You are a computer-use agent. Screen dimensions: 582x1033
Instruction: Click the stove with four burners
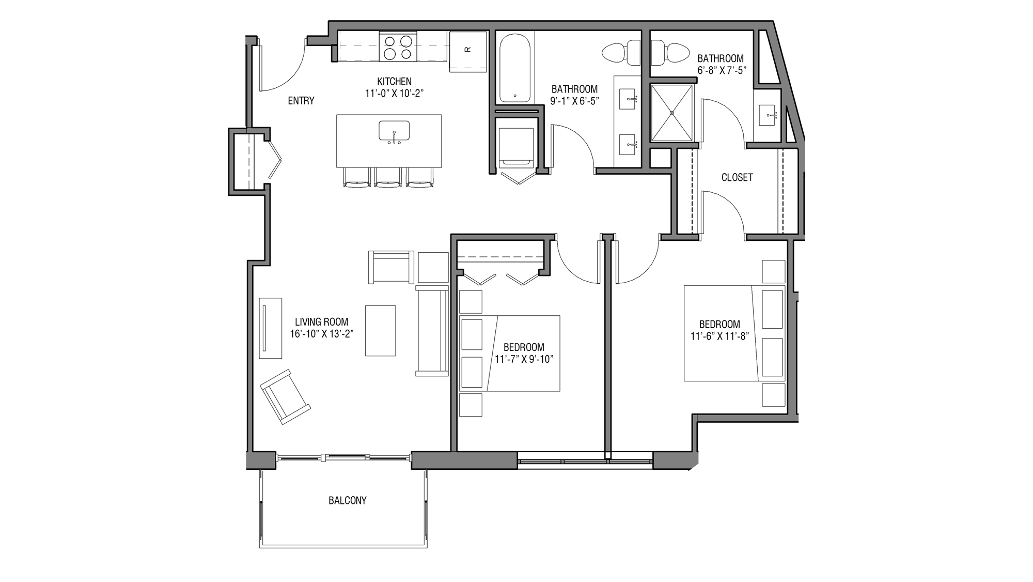click(x=398, y=47)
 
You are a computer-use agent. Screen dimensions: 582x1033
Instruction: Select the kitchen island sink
click(x=394, y=131)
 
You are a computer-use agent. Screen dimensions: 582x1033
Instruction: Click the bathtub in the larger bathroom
click(x=515, y=68)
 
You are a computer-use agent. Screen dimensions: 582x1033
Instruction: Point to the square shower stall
click(x=671, y=113)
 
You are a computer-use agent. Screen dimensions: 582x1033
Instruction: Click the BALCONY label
click(x=347, y=500)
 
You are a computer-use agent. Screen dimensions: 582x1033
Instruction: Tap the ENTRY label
click(x=301, y=101)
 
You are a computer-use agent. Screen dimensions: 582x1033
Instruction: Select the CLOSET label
click(x=737, y=177)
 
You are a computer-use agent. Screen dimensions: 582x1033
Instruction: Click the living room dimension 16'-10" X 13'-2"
click(x=321, y=334)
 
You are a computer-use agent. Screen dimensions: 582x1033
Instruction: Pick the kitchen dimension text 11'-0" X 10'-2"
click(x=395, y=93)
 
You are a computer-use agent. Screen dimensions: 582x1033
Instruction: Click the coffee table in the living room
click(x=381, y=331)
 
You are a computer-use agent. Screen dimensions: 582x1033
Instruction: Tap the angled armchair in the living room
click(x=285, y=396)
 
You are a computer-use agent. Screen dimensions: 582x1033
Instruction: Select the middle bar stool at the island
click(x=388, y=177)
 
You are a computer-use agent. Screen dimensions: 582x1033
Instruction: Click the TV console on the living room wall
click(x=270, y=328)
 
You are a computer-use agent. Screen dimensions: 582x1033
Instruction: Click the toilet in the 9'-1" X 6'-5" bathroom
click(x=621, y=53)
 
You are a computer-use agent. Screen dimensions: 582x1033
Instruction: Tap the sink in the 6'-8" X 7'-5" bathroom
click(x=770, y=115)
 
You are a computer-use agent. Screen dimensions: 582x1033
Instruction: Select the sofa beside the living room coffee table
click(x=432, y=331)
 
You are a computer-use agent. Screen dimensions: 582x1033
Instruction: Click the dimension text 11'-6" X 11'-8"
click(x=719, y=336)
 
